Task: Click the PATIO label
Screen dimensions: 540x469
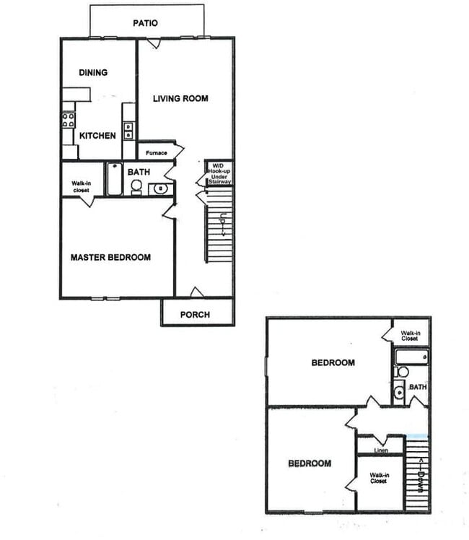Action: [145, 23]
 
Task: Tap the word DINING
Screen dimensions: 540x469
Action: [93, 72]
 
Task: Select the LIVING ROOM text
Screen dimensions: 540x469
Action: [180, 98]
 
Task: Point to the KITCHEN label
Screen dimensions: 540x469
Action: [97, 136]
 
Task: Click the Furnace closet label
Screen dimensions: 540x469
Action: [156, 153]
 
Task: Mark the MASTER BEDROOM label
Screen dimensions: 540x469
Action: [110, 257]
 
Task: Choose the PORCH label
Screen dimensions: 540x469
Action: [195, 315]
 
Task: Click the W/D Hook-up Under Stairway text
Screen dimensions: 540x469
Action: [219, 173]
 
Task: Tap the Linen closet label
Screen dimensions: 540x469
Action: [380, 451]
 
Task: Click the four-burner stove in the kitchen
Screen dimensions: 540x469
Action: [69, 120]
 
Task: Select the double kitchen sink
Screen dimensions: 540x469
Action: [128, 130]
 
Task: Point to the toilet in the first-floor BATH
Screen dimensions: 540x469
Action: [136, 187]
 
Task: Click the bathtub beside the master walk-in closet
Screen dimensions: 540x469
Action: [115, 180]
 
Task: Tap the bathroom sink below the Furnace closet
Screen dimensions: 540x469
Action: [161, 189]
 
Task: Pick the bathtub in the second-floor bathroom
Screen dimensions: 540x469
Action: [411, 357]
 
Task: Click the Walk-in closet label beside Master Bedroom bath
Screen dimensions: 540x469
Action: [81, 186]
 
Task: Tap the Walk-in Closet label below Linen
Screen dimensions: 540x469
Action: [378, 478]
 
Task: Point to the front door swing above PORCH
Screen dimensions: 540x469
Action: [196, 292]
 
